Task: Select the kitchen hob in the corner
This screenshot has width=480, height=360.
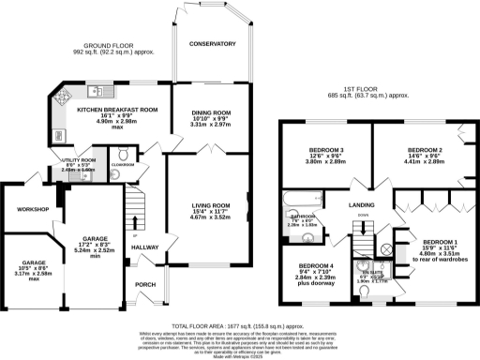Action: click(67, 96)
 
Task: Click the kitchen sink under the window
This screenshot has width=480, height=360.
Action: click(96, 90)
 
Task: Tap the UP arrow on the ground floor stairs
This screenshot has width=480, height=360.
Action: click(136, 233)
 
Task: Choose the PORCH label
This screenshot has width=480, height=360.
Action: click(145, 285)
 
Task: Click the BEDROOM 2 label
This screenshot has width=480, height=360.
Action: click(424, 150)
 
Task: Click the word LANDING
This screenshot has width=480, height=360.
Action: click(362, 205)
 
